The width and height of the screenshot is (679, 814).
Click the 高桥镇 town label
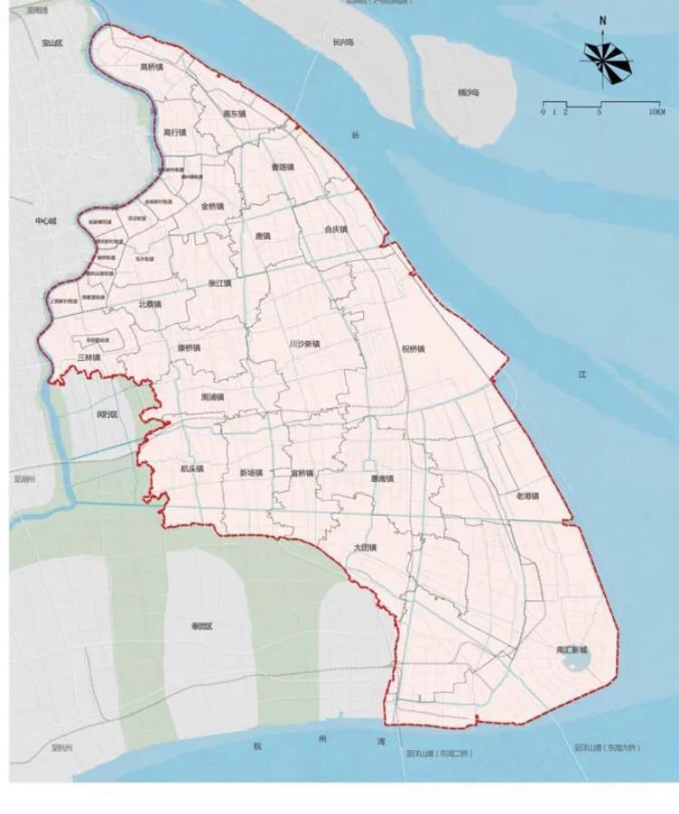(151, 67)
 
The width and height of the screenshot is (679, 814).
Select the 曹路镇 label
(283, 167)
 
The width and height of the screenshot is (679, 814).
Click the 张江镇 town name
(220, 283)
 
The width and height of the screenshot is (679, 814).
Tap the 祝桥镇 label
(414, 349)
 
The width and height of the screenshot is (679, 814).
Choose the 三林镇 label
(89, 358)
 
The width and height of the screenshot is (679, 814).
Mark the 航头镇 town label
(192, 469)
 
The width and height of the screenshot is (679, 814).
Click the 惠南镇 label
(382, 478)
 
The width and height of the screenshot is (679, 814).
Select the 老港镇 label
(527, 496)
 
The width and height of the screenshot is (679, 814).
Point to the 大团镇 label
(365, 547)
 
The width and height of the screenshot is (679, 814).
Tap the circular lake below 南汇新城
(574, 667)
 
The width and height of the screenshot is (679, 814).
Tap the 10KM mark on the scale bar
(657, 111)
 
